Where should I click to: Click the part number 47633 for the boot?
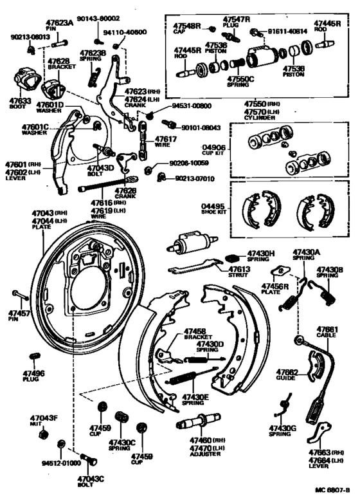tap(21, 100)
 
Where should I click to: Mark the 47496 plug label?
tap(34, 373)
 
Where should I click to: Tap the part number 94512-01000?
tap(61, 463)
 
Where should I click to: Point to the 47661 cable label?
tap(327, 328)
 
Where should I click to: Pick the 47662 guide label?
tap(287, 372)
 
